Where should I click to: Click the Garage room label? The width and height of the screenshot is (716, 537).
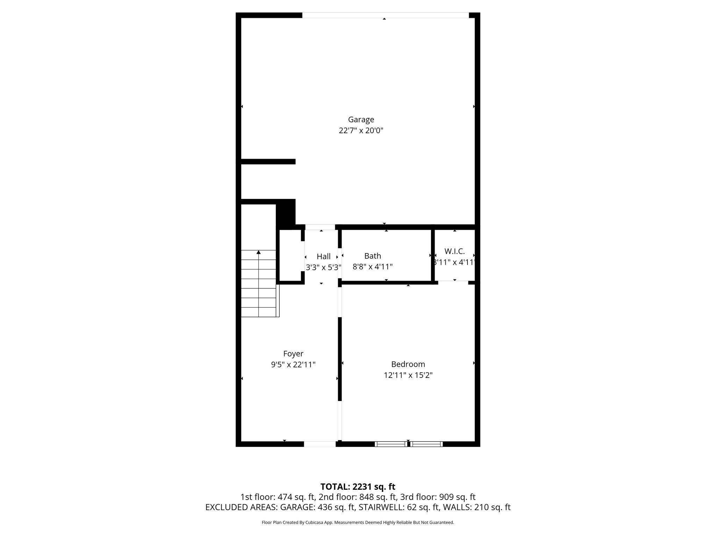point(361,120)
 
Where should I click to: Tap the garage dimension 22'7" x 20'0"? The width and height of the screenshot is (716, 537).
point(361,131)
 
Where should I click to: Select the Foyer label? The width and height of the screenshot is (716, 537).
point(293,354)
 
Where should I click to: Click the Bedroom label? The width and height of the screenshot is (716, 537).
point(408,364)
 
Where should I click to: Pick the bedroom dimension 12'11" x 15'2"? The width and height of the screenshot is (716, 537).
point(408,375)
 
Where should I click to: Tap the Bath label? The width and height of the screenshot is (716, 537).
point(373,256)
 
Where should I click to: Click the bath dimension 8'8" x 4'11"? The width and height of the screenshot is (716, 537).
point(373,267)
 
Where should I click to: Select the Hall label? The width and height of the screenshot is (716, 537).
point(323,257)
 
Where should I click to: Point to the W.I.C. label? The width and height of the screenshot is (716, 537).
point(454,251)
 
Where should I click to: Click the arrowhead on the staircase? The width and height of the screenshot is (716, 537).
point(259,252)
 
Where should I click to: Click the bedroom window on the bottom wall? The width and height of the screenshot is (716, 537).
point(409,444)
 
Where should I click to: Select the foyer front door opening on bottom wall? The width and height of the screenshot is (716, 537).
point(320,444)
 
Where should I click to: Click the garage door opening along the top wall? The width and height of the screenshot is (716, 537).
point(385,15)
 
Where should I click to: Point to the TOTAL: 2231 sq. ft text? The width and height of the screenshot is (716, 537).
point(358,487)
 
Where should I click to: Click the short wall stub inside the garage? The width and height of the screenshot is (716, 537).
point(268,162)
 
